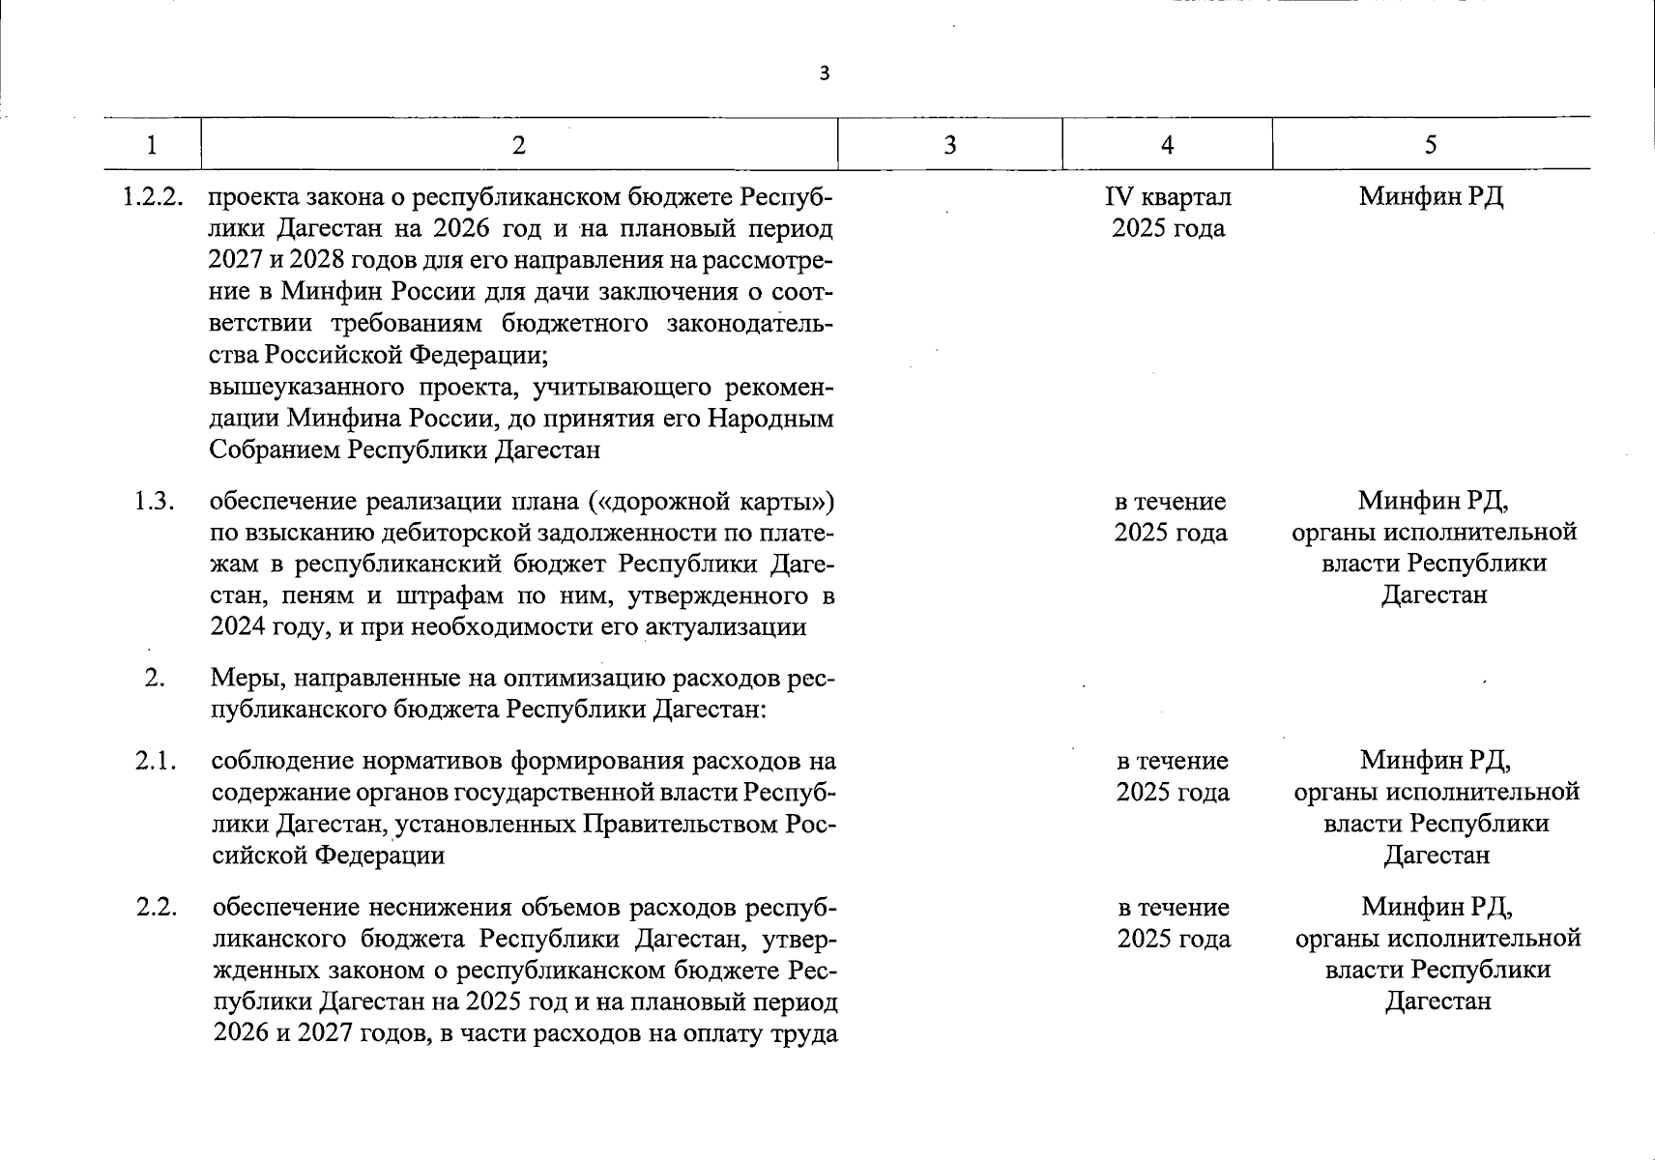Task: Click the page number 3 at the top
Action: (824, 73)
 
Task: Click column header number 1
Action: (152, 145)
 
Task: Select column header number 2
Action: (519, 145)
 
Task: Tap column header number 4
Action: (1168, 145)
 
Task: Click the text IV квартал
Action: (1168, 197)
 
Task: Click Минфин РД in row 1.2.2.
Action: (1431, 197)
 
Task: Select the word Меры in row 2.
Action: (244, 679)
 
